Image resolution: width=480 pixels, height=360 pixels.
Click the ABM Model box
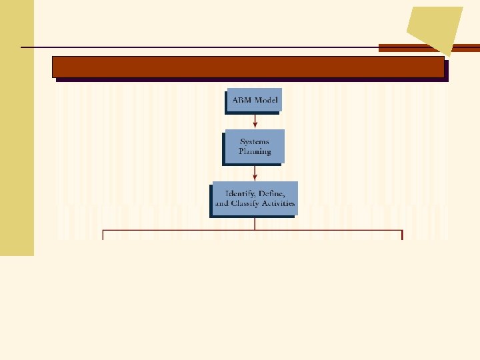click(254, 100)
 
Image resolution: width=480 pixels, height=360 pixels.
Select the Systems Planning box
click(255, 147)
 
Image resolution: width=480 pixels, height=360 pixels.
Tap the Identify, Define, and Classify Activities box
click(255, 198)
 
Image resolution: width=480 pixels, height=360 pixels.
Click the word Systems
click(255, 142)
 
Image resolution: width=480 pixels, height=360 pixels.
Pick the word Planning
click(255, 151)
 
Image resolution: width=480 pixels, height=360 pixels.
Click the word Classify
click(253, 203)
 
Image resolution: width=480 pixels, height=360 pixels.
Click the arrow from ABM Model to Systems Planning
click(255, 121)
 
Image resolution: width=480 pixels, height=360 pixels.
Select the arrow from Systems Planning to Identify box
click(255, 172)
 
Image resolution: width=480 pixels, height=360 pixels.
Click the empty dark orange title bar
click(248, 67)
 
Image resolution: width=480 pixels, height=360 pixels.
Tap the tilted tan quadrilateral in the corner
click(435, 27)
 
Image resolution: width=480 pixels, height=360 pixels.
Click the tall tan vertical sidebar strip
click(17, 127)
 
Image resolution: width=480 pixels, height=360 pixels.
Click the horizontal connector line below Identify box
click(253, 231)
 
